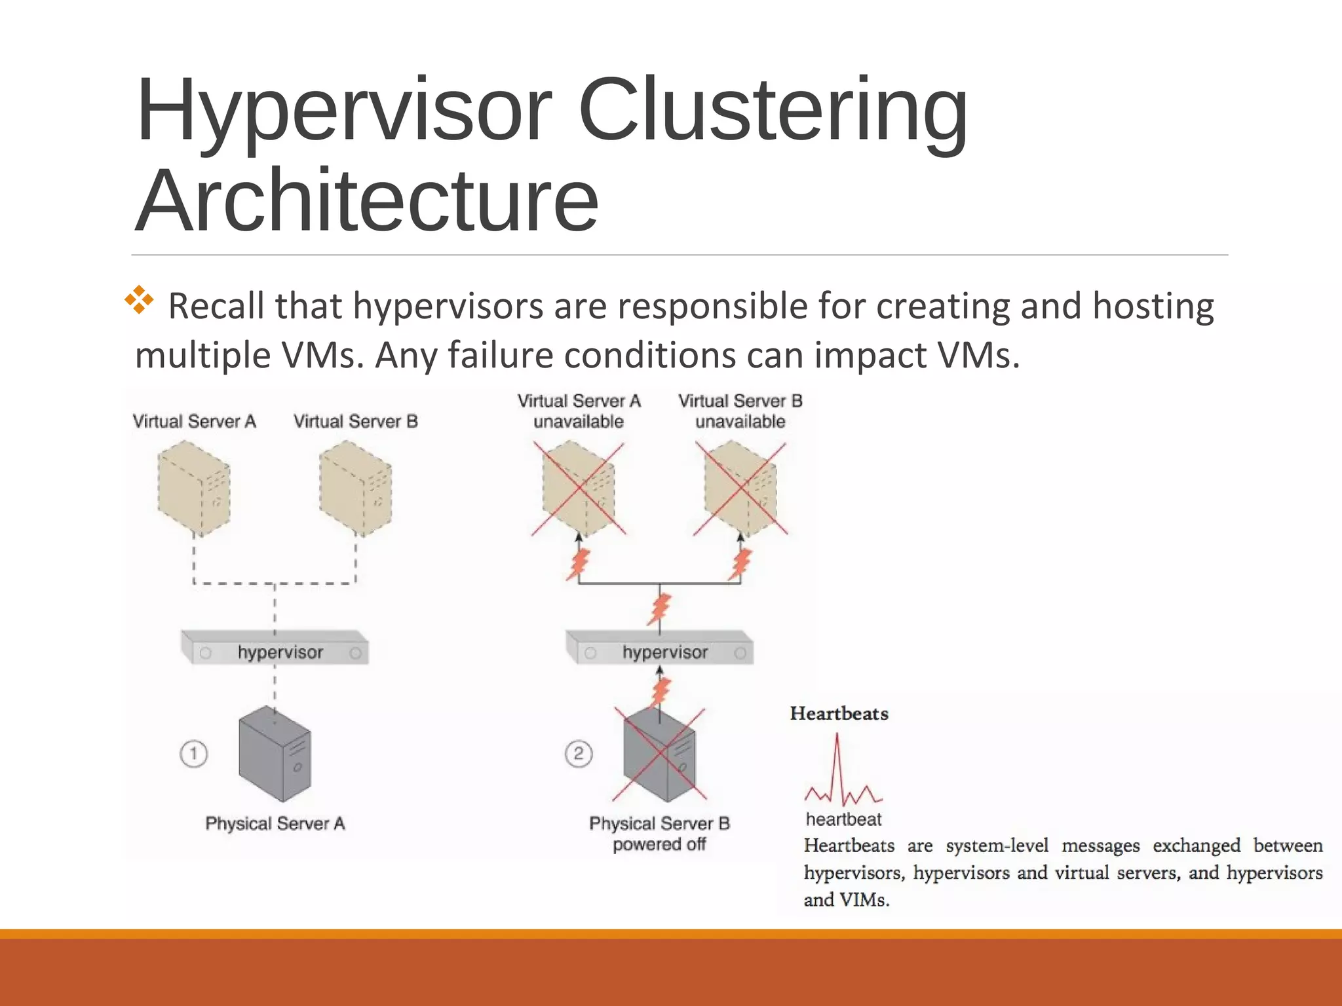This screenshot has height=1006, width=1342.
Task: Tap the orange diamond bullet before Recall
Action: (x=139, y=300)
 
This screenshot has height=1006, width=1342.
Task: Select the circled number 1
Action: (x=193, y=754)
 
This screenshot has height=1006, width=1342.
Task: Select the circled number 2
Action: (x=578, y=754)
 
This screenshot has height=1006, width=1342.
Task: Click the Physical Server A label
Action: (x=275, y=823)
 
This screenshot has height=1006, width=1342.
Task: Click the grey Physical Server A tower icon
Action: (x=275, y=754)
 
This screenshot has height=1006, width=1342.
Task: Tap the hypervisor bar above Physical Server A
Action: (x=275, y=649)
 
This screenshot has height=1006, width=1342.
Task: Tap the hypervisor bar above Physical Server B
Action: (x=659, y=649)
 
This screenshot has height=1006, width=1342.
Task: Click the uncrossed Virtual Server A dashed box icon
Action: (x=194, y=488)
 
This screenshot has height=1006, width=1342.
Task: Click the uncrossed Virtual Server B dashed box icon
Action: (x=355, y=488)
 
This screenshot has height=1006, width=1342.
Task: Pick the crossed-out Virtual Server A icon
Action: (x=578, y=488)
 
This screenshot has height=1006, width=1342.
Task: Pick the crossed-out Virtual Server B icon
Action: (x=740, y=488)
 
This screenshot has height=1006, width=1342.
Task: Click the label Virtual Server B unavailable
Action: (x=740, y=411)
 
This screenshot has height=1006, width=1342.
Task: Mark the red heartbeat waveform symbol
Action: (x=842, y=773)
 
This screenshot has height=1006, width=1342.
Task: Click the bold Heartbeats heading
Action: (x=839, y=713)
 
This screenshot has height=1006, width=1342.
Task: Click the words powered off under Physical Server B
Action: (x=659, y=844)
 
